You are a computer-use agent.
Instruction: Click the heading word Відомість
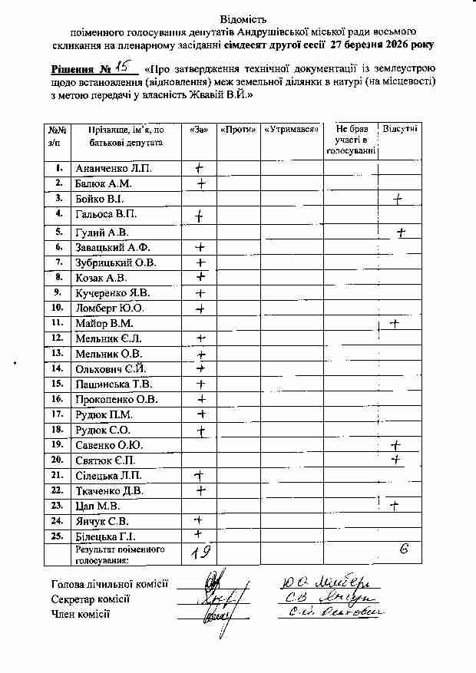pyautogui.click(x=239, y=17)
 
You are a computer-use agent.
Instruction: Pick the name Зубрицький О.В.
pyautogui.click(x=115, y=262)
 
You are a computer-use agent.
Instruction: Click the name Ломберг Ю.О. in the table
pyautogui.click(x=108, y=308)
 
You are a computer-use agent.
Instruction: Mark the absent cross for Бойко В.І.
pyautogui.click(x=398, y=200)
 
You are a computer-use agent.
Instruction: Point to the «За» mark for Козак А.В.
pyautogui.click(x=201, y=277)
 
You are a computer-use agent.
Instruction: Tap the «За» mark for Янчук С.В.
pyautogui.click(x=198, y=520)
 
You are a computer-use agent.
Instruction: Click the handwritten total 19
pyautogui.click(x=202, y=551)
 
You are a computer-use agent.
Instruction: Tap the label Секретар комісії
pyautogui.click(x=91, y=599)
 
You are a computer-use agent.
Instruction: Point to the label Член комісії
pyautogui.click(x=80, y=614)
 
